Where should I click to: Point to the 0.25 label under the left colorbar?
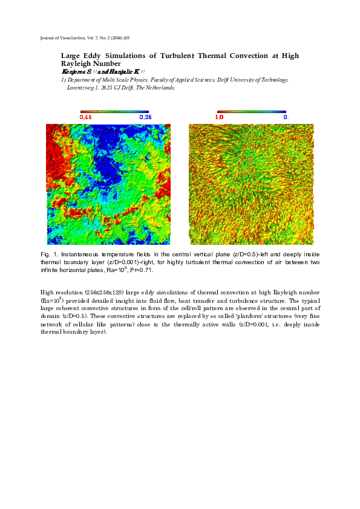145,117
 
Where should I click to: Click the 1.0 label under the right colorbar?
220,117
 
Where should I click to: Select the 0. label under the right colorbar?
286,117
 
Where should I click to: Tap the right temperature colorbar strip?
252,111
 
